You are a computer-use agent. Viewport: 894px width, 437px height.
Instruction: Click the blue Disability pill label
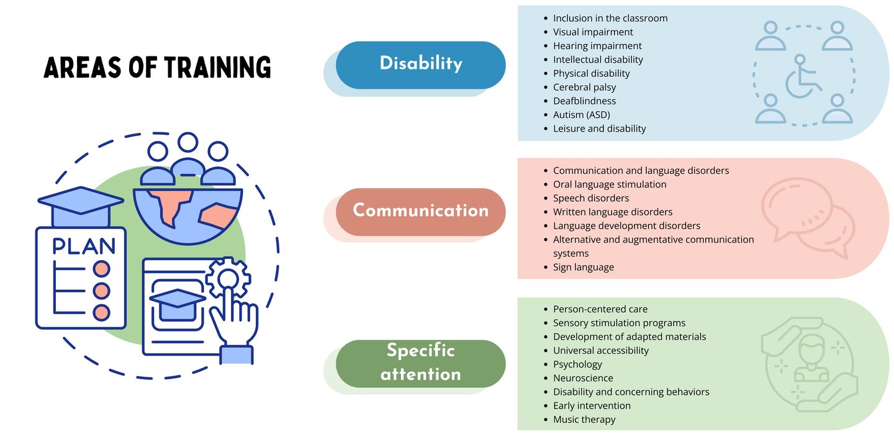coord(420,64)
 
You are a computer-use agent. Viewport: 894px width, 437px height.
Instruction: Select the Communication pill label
coord(420,210)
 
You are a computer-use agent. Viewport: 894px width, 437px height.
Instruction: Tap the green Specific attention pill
coord(420,363)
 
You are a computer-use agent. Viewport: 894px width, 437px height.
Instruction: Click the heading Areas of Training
coord(157,68)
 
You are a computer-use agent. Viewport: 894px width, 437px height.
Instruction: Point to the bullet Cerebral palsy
coord(584,87)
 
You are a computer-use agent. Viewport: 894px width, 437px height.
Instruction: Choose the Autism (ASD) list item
coord(581,115)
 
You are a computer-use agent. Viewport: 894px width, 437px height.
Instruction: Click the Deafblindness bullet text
coord(584,101)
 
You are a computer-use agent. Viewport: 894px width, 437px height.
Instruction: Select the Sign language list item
coord(583,267)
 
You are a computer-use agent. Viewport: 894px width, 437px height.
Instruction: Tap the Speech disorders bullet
coord(590,198)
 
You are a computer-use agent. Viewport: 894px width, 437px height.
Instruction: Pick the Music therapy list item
coord(584,419)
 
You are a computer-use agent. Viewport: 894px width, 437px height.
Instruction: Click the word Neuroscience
coord(583,378)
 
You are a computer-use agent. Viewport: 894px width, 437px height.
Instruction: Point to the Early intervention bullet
coord(592,405)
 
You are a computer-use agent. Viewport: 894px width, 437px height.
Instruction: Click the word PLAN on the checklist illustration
coord(84,246)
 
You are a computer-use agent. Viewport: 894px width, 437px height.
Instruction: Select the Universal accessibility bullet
coord(600,350)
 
